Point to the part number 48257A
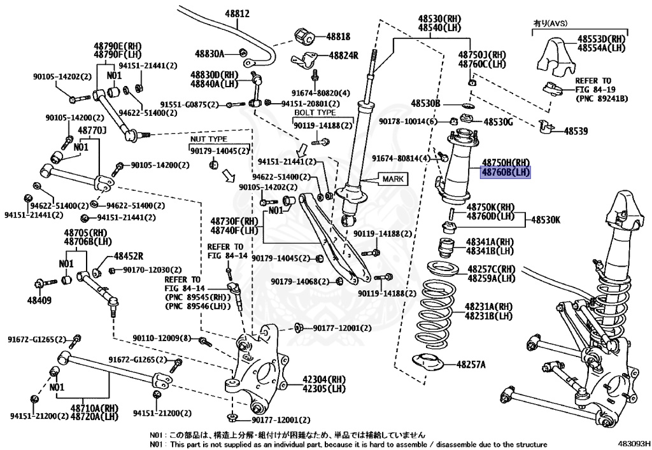[x=471, y=365]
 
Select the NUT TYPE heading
[x=208, y=139]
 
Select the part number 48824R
[x=344, y=55]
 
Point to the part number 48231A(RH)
[x=488, y=306]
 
